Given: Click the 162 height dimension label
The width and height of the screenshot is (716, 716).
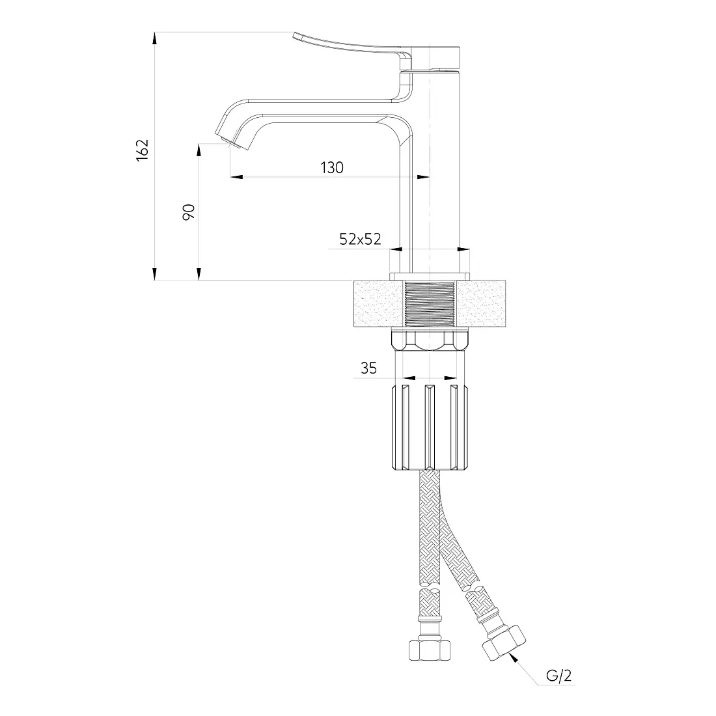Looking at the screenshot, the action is click(143, 149).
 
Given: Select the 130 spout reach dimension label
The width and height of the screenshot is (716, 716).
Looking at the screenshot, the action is click(332, 167).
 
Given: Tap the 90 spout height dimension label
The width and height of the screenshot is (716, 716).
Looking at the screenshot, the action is click(189, 212).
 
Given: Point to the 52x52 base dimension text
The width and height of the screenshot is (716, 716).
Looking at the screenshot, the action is click(361, 239).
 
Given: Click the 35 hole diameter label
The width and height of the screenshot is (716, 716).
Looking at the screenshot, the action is click(369, 368).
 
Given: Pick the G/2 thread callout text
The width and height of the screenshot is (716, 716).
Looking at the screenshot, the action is click(559, 676).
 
